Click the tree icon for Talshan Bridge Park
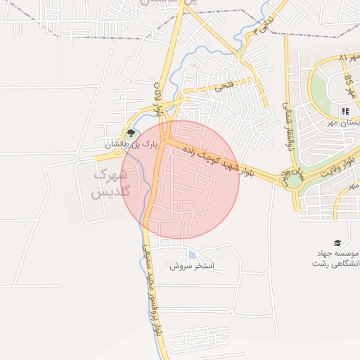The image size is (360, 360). (x=130, y=133)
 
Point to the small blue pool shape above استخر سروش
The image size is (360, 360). (x=192, y=255)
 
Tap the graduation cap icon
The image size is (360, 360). (x=336, y=242)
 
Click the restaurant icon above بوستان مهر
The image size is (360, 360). (x=345, y=111)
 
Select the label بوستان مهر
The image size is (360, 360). (x=342, y=123)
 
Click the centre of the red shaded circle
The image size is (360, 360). (x=181, y=180)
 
